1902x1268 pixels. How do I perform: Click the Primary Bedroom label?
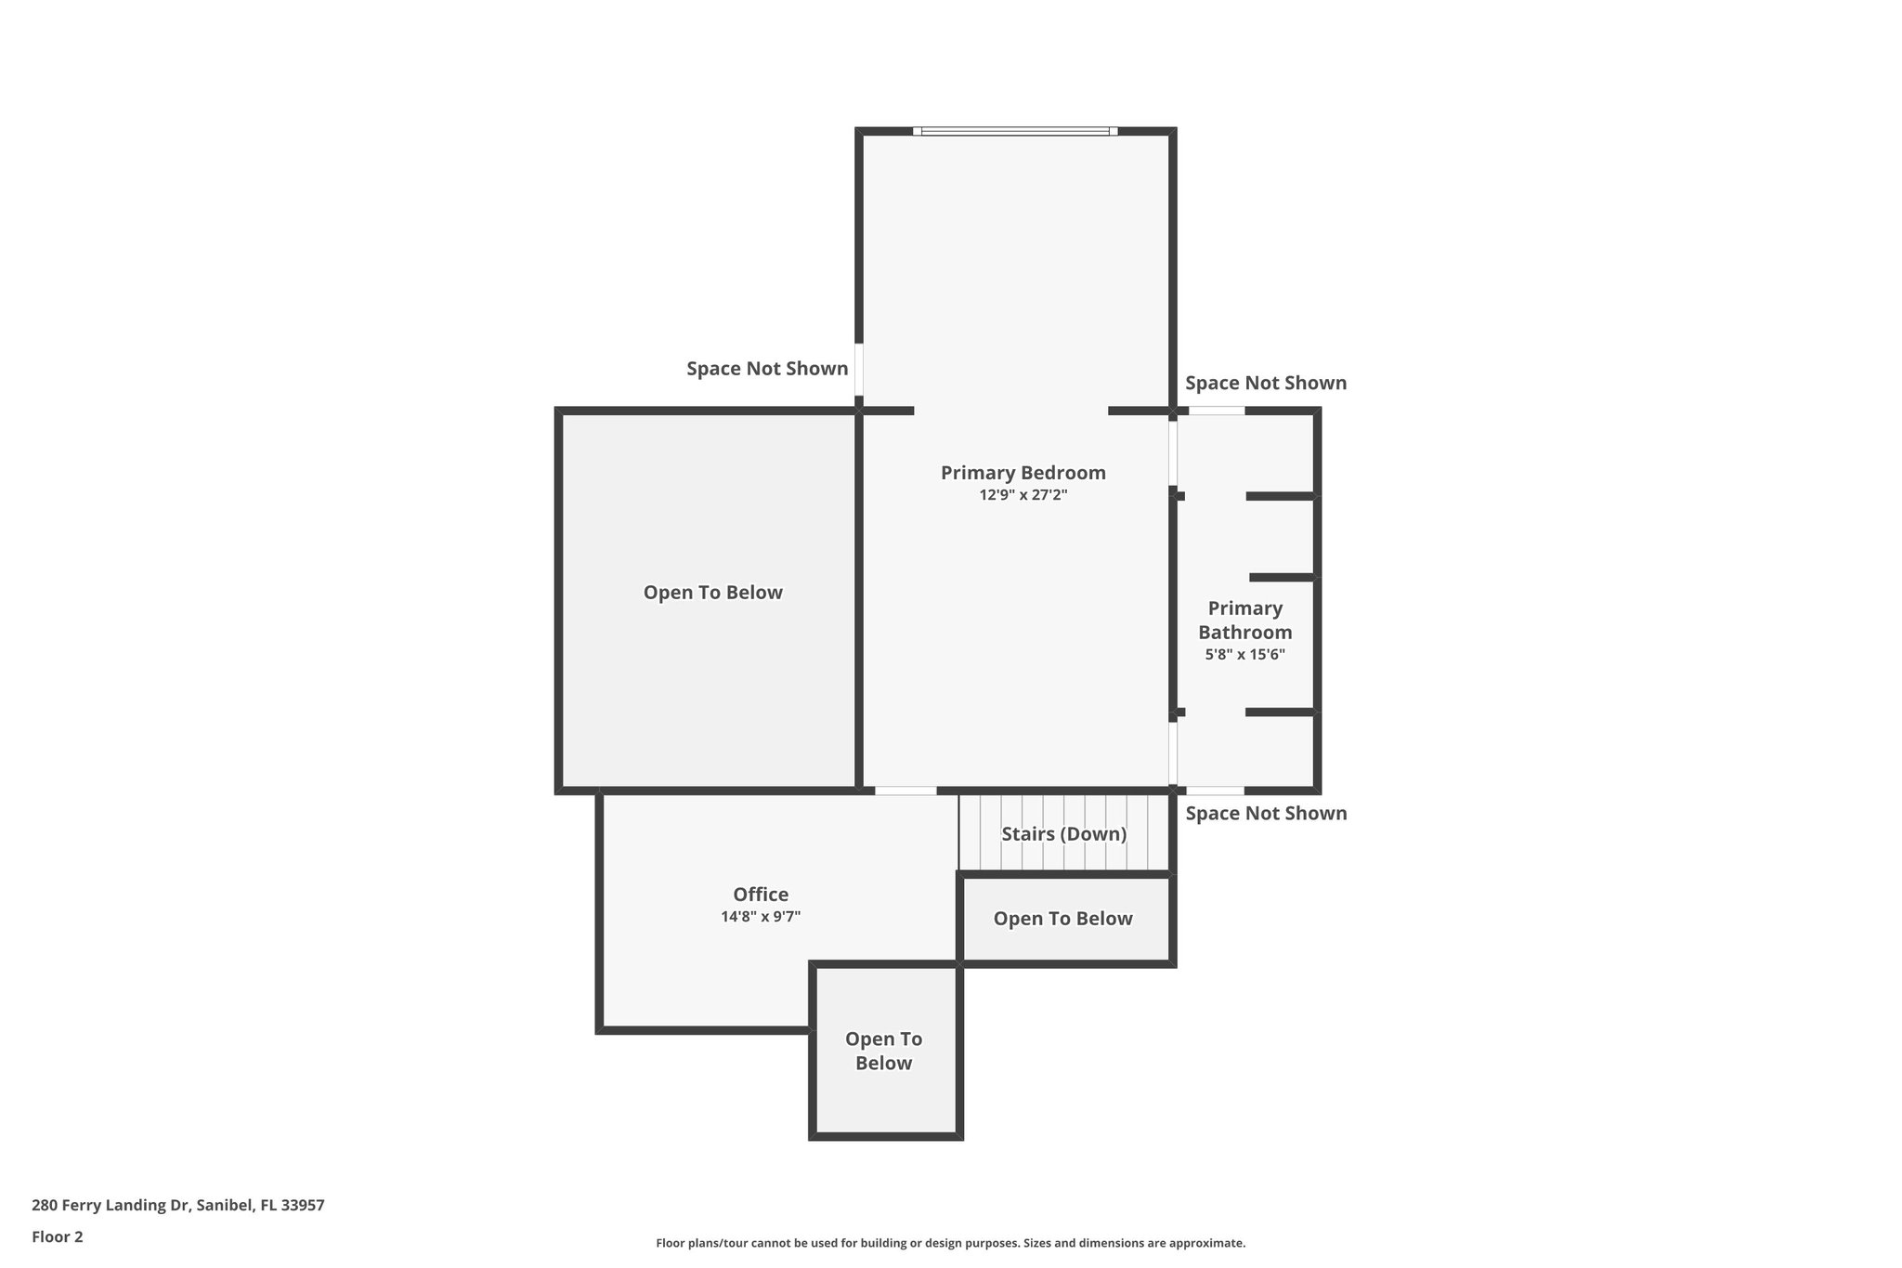click(1023, 473)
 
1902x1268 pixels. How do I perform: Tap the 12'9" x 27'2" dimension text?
click(1023, 495)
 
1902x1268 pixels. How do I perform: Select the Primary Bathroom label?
click(1244, 621)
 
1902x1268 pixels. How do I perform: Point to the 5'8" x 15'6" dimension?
click(1244, 655)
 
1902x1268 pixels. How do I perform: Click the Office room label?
click(761, 895)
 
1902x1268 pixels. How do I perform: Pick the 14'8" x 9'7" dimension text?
click(761, 917)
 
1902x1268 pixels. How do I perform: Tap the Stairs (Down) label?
click(1063, 834)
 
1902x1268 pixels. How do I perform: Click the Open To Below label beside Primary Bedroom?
click(712, 593)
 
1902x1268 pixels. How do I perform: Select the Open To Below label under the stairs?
click(1062, 919)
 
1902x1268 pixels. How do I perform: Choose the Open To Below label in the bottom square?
click(883, 1052)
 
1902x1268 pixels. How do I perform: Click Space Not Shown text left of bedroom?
click(767, 369)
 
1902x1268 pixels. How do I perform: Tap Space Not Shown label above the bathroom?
click(1265, 384)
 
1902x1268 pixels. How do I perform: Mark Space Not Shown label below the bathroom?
click(1265, 814)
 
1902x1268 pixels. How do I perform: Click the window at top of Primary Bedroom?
click(1015, 132)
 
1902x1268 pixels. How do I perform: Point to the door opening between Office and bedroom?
click(905, 791)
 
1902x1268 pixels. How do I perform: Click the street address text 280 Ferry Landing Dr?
click(177, 1206)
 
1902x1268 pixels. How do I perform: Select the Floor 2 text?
click(58, 1237)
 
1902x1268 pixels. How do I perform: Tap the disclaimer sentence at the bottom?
click(950, 1243)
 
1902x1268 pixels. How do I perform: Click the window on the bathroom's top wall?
click(1217, 411)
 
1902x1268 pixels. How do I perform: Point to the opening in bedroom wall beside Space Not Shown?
click(859, 370)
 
